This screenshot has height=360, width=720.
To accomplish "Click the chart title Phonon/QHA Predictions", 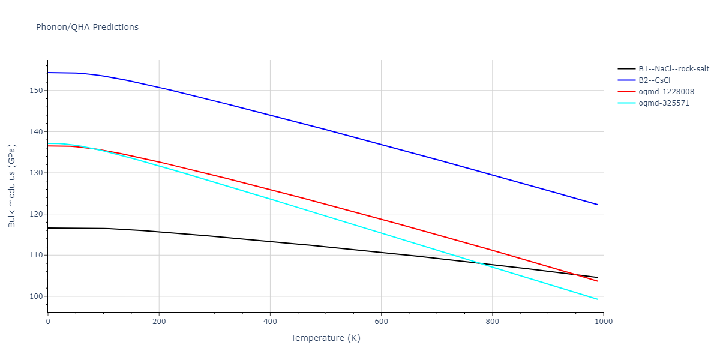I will point(87,27).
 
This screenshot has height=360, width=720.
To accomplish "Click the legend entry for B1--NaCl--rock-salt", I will point(673,69).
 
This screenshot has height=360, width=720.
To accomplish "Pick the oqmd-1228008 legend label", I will point(666,92).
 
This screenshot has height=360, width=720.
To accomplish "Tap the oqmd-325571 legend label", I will point(664,103).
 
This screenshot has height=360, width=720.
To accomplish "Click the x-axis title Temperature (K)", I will point(326,338).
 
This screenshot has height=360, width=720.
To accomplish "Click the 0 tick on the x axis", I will point(48,322).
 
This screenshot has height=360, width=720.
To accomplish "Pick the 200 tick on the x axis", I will point(159,322).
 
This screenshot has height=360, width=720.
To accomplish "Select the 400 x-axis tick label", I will point(270,322).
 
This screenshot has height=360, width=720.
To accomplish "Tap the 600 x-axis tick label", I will point(381,322).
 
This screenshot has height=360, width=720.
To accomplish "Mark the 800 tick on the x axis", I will point(492,322).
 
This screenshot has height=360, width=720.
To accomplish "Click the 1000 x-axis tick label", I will point(603,322).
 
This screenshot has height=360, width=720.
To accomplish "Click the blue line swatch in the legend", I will point(627,80).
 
